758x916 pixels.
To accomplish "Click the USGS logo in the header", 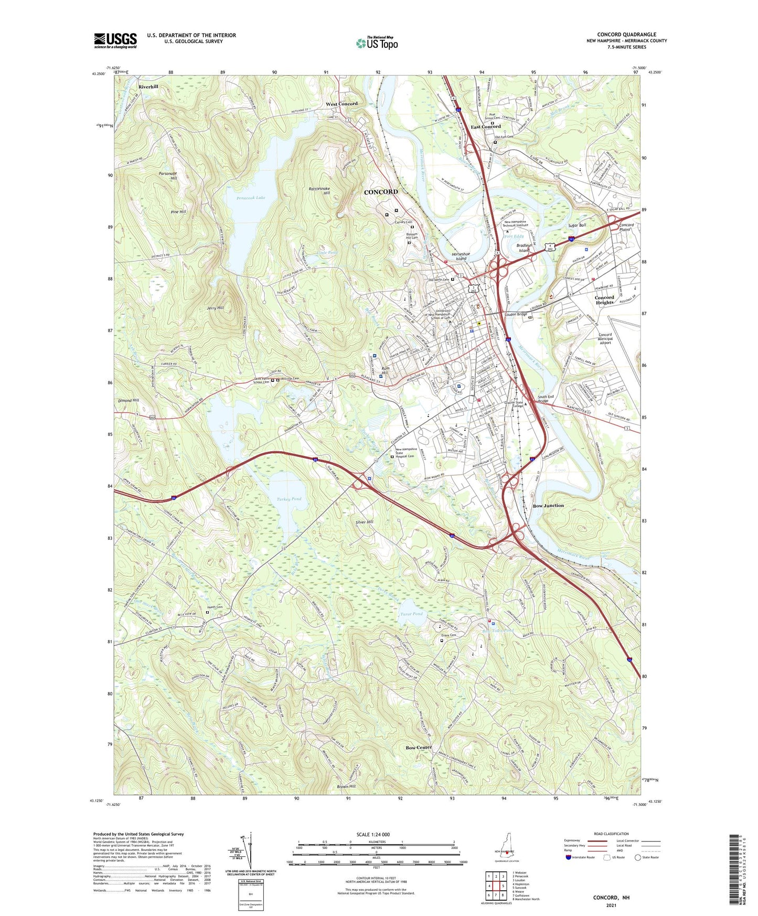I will (x=115, y=40).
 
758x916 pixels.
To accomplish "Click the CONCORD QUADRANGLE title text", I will (x=626, y=35).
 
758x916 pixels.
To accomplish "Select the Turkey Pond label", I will (x=289, y=499).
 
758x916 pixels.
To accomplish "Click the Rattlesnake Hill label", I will (x=320, y=191).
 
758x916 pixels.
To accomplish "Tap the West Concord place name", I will (x=341, y=104).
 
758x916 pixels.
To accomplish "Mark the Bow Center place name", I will (x=419, y=747).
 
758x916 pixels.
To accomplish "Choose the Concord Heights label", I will (x=604, y=300).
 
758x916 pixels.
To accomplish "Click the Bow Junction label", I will (x=548, y=506).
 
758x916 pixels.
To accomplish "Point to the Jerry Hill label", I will (x=215, y=308).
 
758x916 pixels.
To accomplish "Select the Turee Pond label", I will (x=411, y=614).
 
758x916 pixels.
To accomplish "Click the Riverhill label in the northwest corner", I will (x=148, y=87).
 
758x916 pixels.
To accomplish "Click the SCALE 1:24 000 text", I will (x=373, y=834).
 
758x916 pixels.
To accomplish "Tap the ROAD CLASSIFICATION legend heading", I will (x=611, y=834).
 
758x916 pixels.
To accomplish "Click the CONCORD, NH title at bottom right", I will (x=611, y=898).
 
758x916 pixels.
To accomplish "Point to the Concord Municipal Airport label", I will (x=605, y=338).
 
